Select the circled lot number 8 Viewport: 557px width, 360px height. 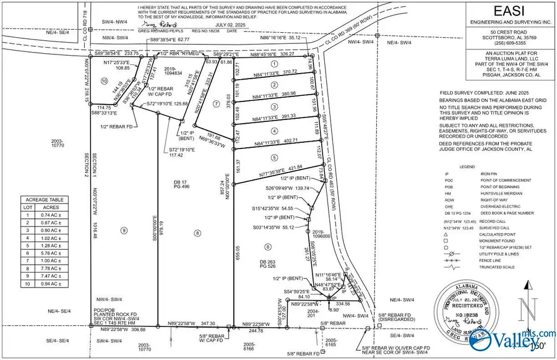(x=197, y=233)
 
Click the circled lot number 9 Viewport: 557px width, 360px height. (x=124, y=231)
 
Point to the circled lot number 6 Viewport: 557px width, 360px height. (x=268, y=247)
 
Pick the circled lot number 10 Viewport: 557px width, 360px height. (x=105, y=81)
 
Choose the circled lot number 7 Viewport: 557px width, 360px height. (x=216, y=104)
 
